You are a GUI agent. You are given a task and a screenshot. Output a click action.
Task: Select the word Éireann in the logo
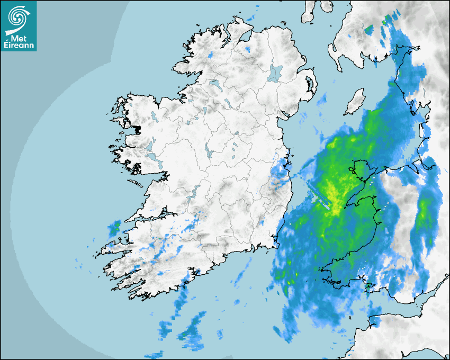19,46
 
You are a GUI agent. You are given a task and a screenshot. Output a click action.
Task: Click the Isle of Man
355,102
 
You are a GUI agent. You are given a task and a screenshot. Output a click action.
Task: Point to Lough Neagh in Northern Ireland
275,73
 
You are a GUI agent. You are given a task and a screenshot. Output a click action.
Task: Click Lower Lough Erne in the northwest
215,84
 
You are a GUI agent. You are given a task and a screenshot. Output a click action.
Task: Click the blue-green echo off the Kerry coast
114,229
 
